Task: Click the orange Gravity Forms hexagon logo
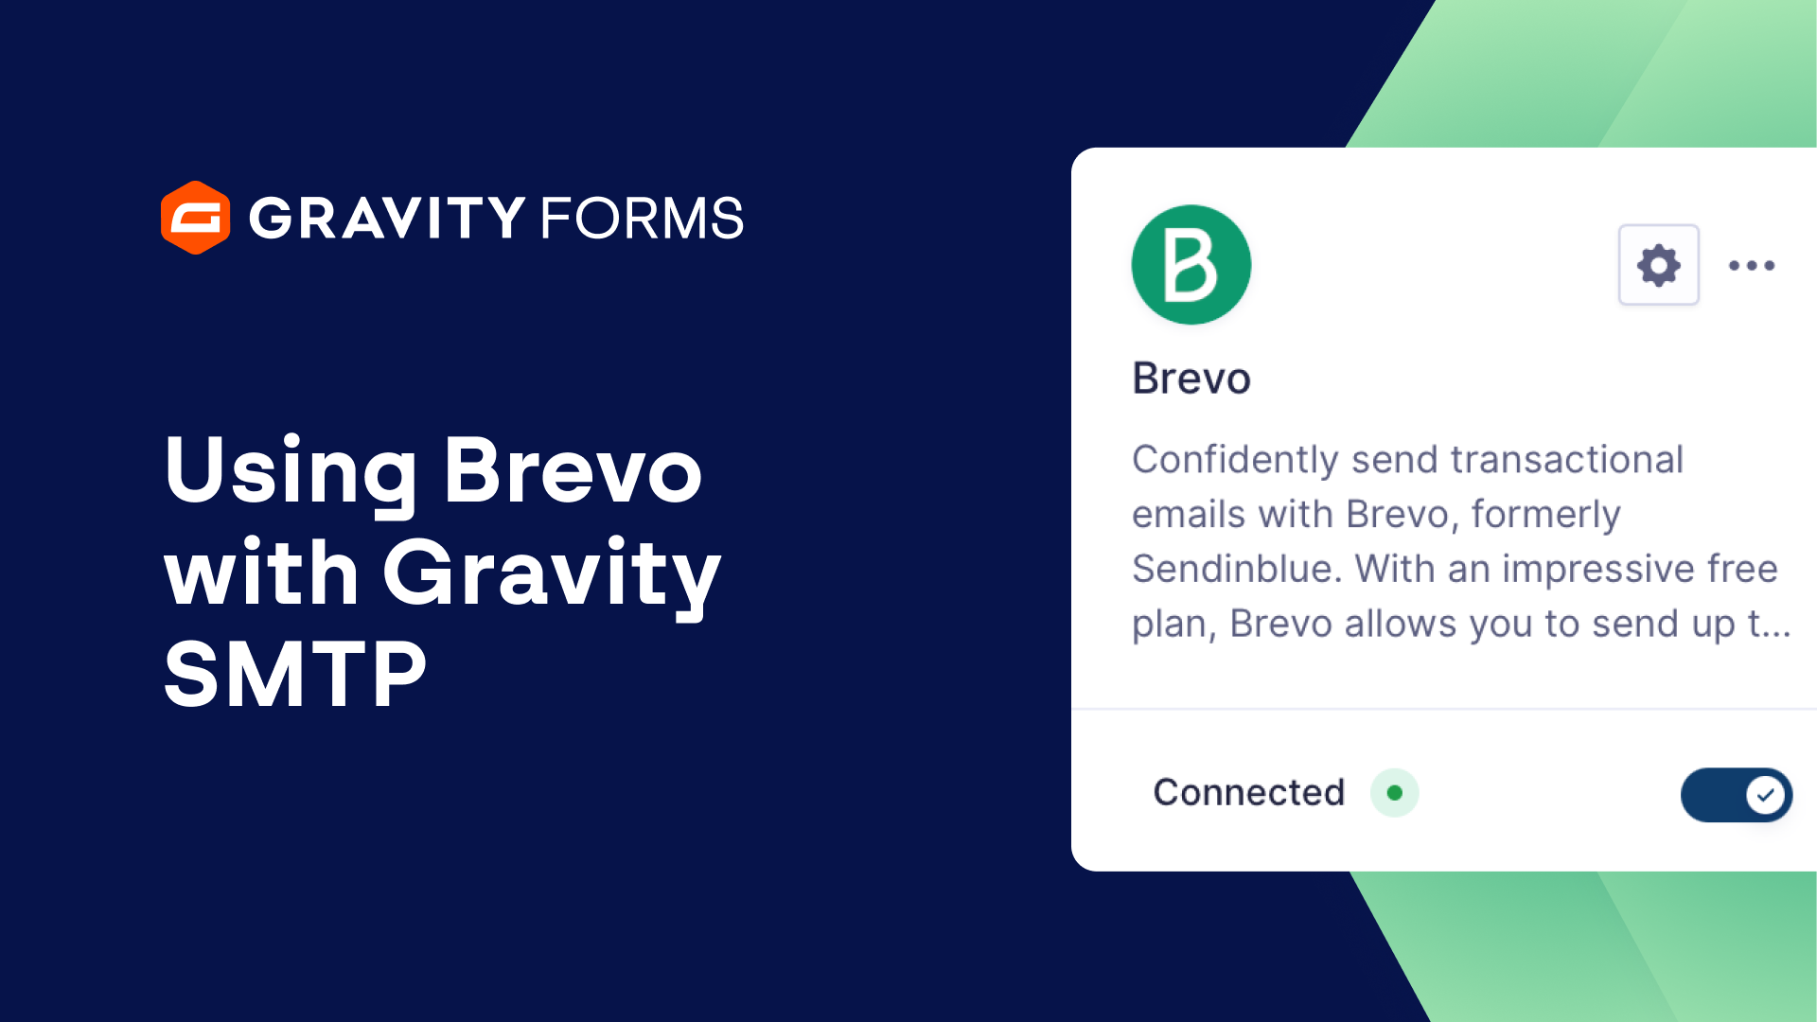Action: (195, 218)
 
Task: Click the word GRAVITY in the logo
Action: (386, 218)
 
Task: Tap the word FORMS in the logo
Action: (642, 218)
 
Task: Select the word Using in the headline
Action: (290, 471)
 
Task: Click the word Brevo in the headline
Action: (573, 471)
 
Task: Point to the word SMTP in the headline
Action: (295, 674)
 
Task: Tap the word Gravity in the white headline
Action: (551, 573)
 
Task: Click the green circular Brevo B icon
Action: (1191, 265)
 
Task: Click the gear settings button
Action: (1658, 265)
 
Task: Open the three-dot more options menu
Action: (1751, 265)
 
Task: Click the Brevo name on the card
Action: (1191, 379)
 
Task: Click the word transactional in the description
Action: (1566, 460)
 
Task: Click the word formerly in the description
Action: (1545, 515)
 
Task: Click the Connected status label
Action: (1248, 793)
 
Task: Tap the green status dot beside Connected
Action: (1394, 793)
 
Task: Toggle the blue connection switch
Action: (1736, 795)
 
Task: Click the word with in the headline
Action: (261, 573)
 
